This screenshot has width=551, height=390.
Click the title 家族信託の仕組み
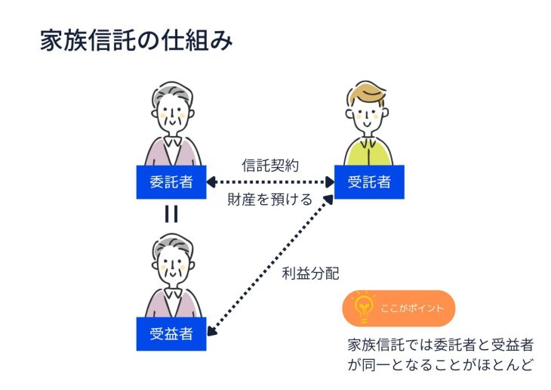(x=136, y=40)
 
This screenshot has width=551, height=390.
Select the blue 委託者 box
(x=171, y=181)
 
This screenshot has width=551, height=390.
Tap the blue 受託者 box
(x=369, y=181)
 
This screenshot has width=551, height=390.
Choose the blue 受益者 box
(x=171, y=333)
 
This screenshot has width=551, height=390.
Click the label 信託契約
(x=271, y=165)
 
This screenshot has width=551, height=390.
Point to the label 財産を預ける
(x=270, y=200)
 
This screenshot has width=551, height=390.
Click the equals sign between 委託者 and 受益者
(x=171, y=215)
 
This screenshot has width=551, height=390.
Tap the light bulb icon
(x=365, y=308)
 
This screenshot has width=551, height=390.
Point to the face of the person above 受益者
(x=171, y=267)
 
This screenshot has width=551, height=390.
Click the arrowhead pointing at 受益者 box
(x=212, y=328)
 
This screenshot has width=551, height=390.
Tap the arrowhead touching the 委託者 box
(x=211, y=181)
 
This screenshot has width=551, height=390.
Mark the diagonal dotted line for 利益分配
(x=272, y=262)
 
